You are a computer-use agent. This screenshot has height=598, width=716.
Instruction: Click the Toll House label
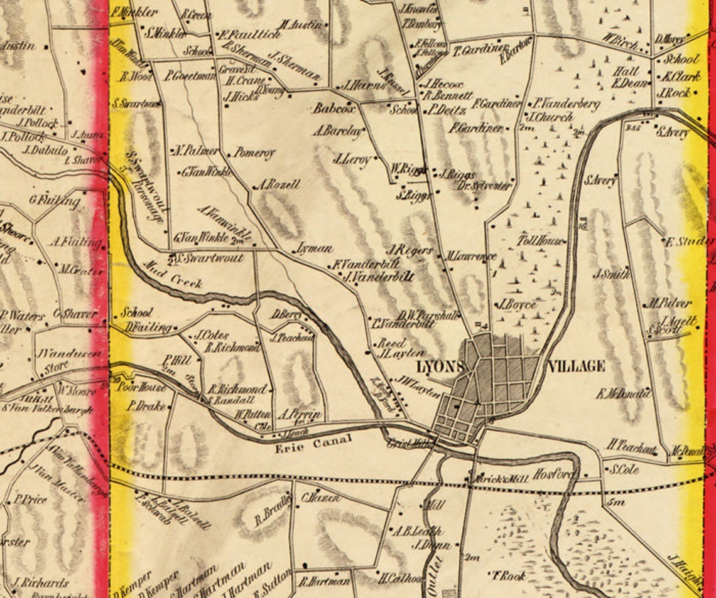[x=540, y=241]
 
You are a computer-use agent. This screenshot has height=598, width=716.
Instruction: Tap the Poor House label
[x=143, y=387]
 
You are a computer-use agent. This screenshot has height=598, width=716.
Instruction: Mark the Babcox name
[x=334, y=109]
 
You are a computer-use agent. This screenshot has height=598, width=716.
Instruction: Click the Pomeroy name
[x=254, y=152]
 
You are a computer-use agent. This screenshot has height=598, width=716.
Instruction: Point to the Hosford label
[x=554, y=474]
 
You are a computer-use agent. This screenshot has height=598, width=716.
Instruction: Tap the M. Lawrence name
[x=471, y=256]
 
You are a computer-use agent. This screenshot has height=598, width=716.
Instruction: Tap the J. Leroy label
[x=352, y=159]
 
